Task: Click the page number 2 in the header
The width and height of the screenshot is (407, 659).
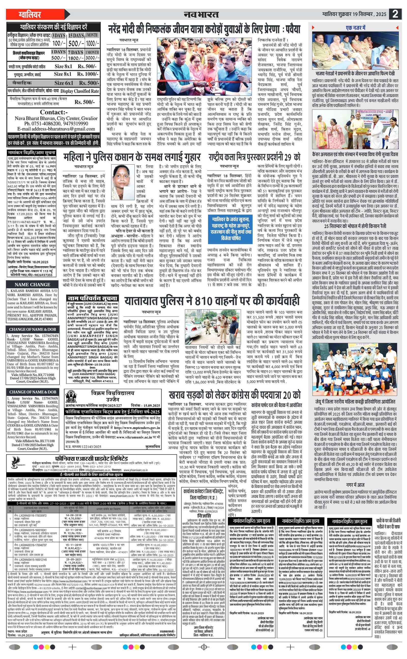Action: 395,14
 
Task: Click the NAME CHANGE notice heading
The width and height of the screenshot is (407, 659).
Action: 32,284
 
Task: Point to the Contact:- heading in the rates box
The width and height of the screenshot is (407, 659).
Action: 54,112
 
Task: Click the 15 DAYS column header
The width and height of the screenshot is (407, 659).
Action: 76,36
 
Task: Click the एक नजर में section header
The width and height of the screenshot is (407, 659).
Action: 355,28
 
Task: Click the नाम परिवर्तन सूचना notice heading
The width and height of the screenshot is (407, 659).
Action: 92,298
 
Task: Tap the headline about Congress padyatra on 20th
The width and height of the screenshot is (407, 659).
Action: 234,395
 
